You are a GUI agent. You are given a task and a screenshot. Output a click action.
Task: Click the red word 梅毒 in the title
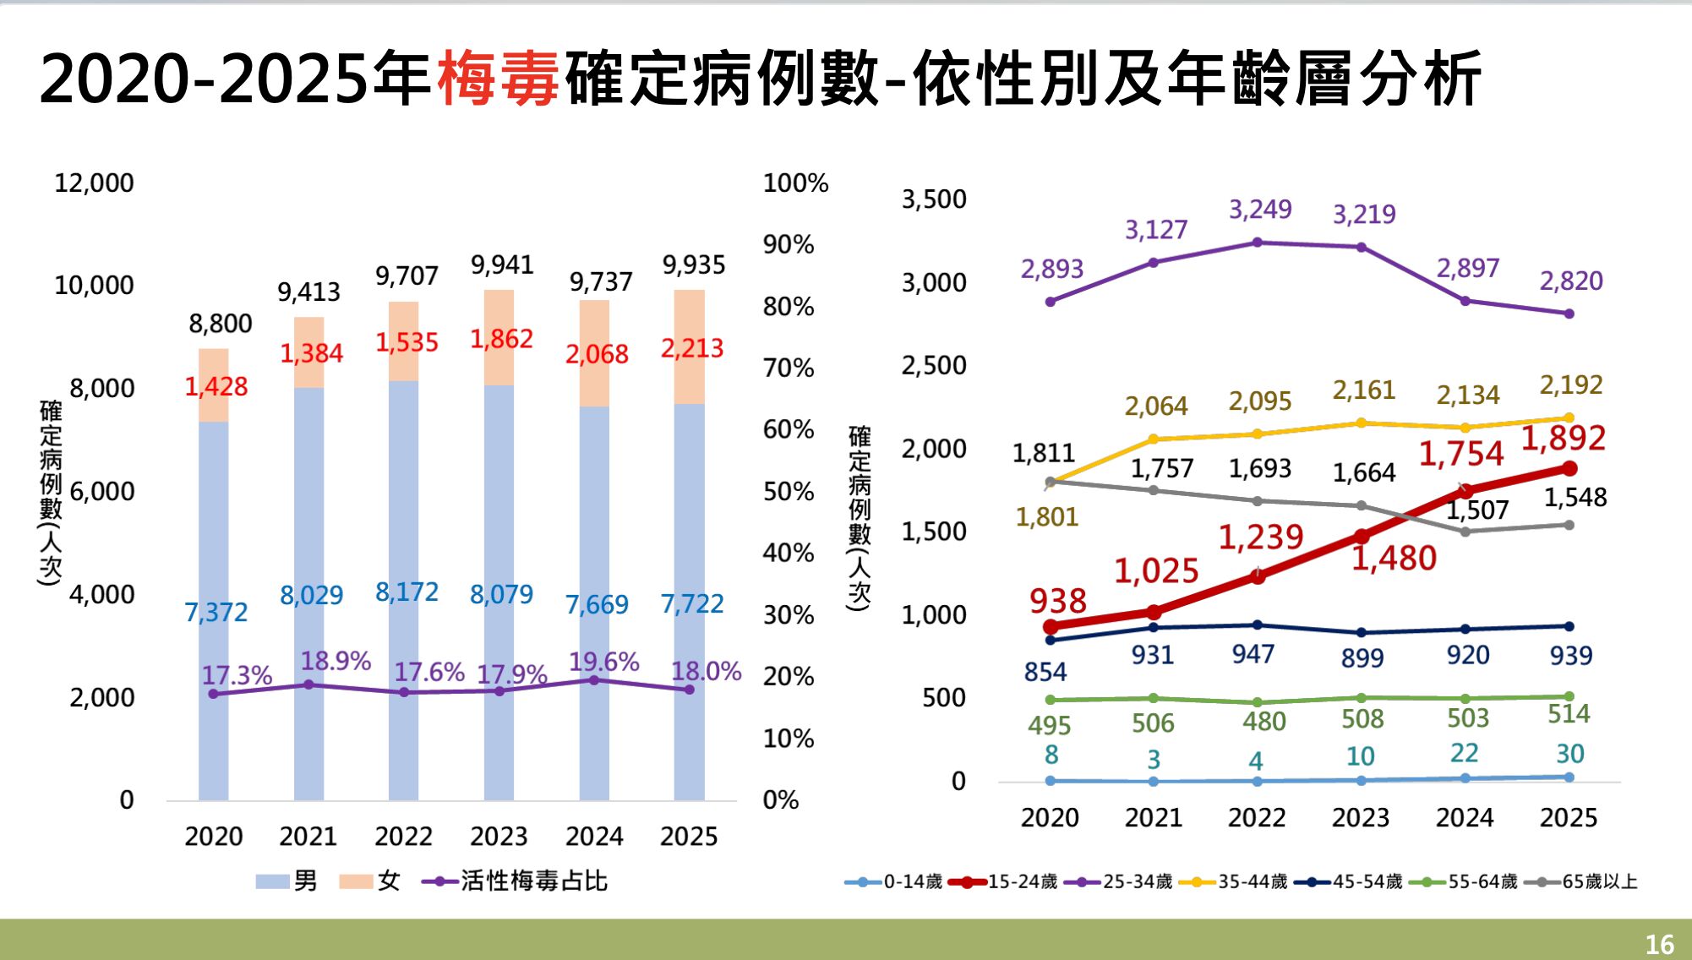(499, 79)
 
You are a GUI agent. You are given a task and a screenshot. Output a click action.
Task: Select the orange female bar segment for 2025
(689, 346)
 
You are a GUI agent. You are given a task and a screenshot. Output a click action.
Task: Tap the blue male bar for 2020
(214, 608)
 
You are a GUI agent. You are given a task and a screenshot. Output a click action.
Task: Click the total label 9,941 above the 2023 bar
(502, 265)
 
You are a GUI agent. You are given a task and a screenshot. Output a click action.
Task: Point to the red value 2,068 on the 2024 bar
(597, 354)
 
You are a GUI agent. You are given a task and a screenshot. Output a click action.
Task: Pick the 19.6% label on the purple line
(603, 662)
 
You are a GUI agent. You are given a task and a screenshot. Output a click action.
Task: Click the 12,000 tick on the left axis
(94, 183)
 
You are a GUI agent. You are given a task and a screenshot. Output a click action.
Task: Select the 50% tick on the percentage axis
(788, 492)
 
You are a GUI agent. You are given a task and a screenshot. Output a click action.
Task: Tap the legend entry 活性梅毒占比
(533, 881)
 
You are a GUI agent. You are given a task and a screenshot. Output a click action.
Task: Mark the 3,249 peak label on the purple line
(1259, 210)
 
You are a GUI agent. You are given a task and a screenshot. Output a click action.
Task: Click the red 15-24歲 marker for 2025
(1569, 468)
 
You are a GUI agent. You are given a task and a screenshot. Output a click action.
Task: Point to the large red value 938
(1057, 602)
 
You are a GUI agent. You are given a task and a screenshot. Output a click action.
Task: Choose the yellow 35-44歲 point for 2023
(1361, 423)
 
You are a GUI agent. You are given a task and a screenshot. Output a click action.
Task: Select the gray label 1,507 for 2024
(1476, 510)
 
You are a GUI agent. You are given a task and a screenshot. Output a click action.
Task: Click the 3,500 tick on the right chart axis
(933, 199)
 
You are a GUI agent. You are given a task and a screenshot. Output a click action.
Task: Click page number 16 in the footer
(1659, 944)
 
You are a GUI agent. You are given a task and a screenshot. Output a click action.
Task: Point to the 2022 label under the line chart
(1256, 818)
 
